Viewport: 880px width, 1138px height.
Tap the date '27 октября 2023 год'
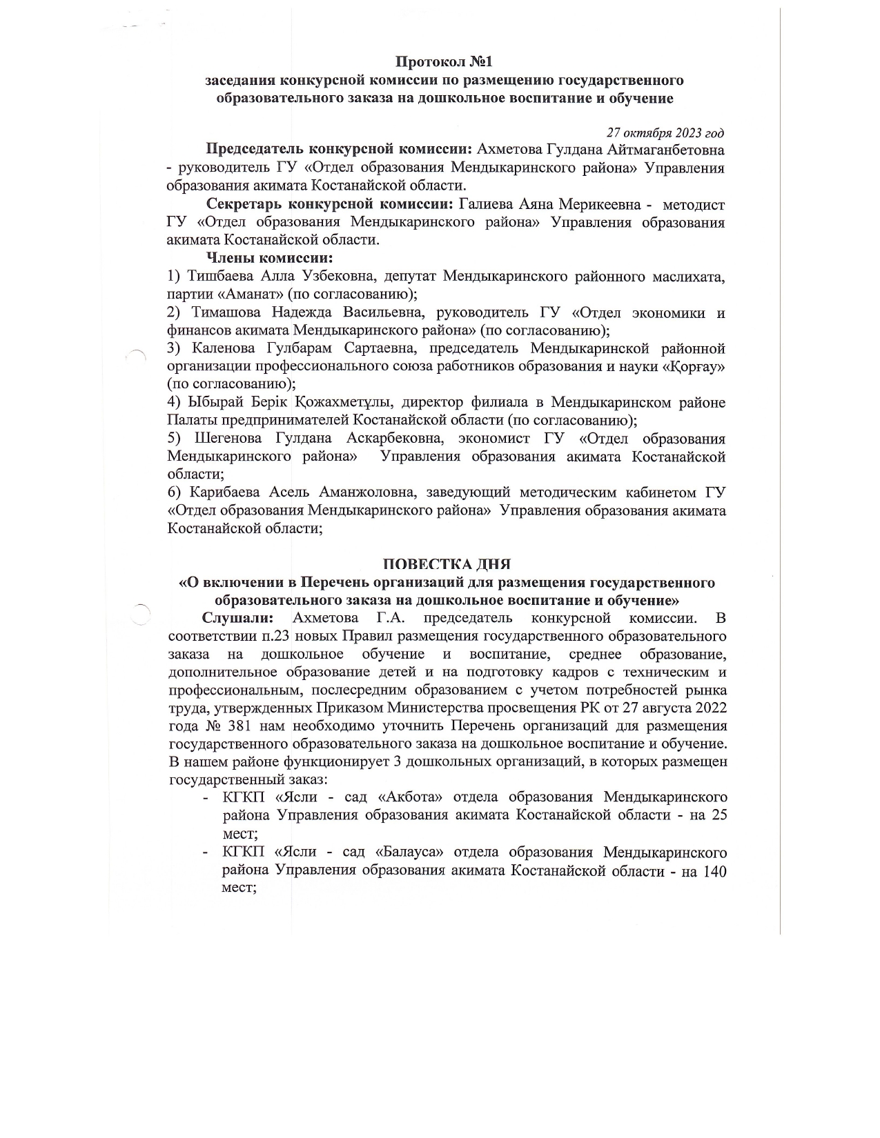[x=665, y=132]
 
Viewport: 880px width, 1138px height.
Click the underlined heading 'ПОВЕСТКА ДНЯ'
[x=447, y=564]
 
